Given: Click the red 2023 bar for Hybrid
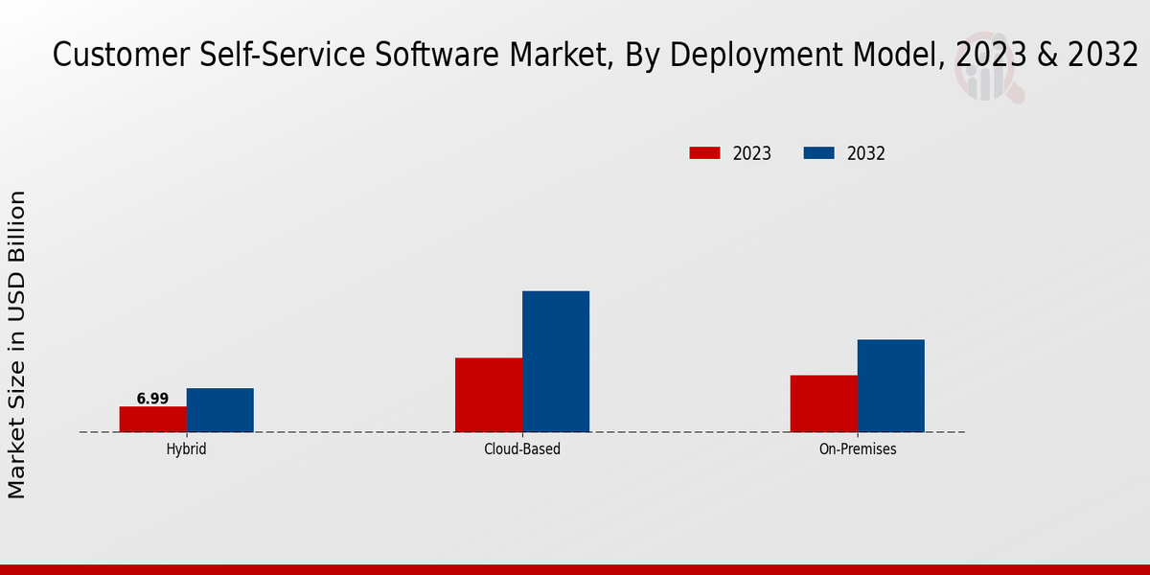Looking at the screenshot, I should click(x=153, y=419).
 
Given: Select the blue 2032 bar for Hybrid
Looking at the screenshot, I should click(x=220, y=410).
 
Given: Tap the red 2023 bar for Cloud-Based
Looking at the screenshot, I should click(x=489, y=395).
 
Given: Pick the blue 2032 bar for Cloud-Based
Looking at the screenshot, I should click(x=556, y=361).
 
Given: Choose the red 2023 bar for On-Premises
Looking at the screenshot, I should click(x=824, y=403).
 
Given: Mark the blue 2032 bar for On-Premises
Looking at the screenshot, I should click(x=891, y=385).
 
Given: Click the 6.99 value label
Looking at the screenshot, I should click(x=152, y=399).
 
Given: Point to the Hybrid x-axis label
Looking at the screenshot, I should click(x=186, y=448).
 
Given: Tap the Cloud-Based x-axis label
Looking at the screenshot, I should click(x=522, y=448).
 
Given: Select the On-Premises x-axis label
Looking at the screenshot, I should click(x=858, y=448).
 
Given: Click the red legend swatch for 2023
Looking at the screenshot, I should click(x=704, y=153).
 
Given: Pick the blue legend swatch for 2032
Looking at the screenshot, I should click(x=818, y=153).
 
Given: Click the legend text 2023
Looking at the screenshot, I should click(x=752, y=153).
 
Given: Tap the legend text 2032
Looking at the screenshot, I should click(x=866, y=153).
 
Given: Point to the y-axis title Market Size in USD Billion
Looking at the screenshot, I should click(x=17, y=345).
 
